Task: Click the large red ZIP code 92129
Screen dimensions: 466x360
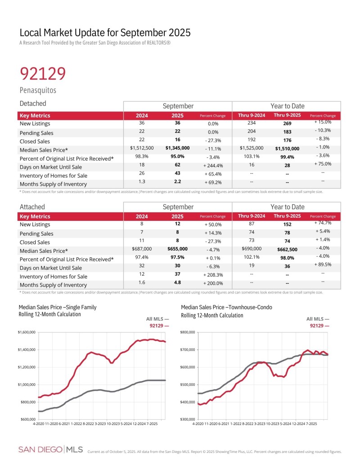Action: click(43, 73)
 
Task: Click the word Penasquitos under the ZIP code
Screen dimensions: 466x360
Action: click(38, 90)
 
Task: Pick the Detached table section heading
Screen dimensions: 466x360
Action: click(33, 104)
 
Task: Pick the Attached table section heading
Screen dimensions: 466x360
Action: click(32, 207)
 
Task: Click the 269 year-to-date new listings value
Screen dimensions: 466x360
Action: click(287, 124)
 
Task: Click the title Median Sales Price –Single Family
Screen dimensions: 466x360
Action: click(57, 308)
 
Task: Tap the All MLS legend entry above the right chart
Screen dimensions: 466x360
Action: click(317, 319)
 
